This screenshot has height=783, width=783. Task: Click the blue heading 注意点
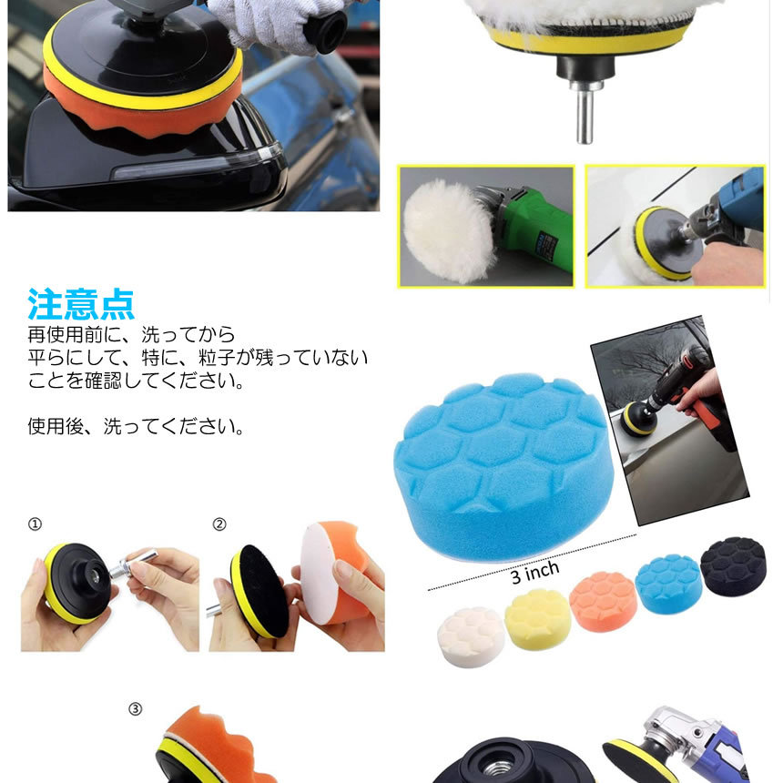click(x=81, y=303)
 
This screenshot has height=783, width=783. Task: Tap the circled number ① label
click(x=35, y=524)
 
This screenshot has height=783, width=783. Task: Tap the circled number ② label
click(x=219, y=524)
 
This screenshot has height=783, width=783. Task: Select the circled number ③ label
click(x=136, y=709)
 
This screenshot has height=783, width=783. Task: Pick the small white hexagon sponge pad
click(x=471, y=636)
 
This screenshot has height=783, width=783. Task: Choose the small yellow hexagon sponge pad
click(x=537, y=619)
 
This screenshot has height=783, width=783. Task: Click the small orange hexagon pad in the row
click(x=604, y=601)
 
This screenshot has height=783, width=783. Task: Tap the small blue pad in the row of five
click(x=668, y=584)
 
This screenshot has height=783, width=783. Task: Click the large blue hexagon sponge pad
click(x=503, y=467)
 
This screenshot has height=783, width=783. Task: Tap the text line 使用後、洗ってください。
click(x=136, y=426)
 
